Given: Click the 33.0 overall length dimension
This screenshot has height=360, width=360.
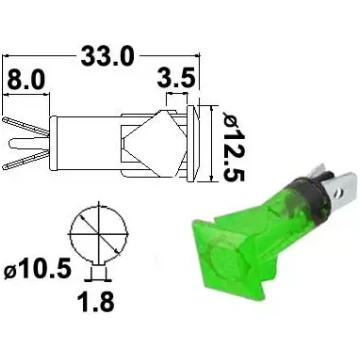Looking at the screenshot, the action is [x=108, y=56].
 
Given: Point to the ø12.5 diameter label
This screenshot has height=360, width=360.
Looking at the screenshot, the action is [x=234, y=145].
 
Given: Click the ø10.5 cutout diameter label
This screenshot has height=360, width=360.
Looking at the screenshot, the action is [x=38, y=269].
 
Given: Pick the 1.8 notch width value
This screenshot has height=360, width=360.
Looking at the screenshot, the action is [x=96, y=302].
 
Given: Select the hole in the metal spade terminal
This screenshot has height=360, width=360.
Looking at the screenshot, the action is [x=339, y=192].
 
